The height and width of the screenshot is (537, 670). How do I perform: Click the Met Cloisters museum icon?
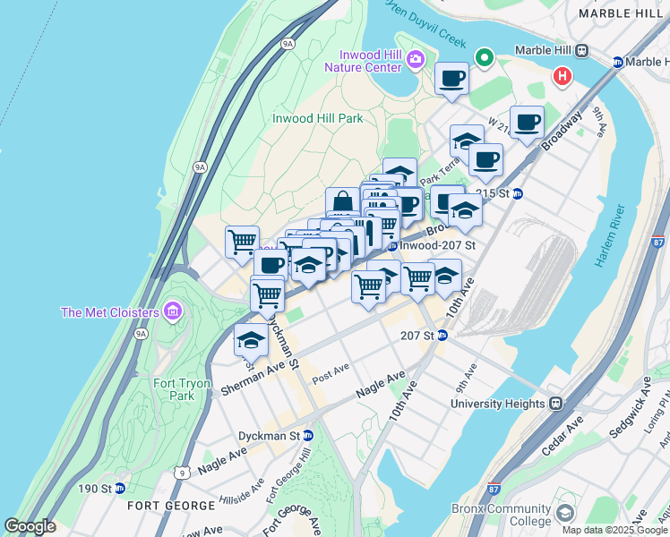point(173,312)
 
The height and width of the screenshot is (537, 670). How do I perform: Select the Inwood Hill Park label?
point(318,118)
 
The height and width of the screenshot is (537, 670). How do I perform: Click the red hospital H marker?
point(563,77)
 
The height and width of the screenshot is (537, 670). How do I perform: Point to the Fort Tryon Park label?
point(182,389)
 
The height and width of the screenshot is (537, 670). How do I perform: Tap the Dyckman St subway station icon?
point(308,436)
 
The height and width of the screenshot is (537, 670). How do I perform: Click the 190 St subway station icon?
point(119,489)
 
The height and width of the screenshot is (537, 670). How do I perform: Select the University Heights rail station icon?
point(555,404)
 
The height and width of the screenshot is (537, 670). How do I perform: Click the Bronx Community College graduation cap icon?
point(564,513)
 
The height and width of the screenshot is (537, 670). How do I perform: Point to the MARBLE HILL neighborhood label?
point(622,13)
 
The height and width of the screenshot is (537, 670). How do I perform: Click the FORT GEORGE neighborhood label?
point(160,505)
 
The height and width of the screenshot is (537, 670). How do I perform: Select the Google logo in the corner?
point(30,526)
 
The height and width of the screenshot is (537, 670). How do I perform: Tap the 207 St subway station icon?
point(442,336)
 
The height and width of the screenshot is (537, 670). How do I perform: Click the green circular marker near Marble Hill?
point(485,58)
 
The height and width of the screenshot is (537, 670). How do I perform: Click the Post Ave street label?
point(330,374)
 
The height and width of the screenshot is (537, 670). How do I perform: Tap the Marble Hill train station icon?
point(582,51)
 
